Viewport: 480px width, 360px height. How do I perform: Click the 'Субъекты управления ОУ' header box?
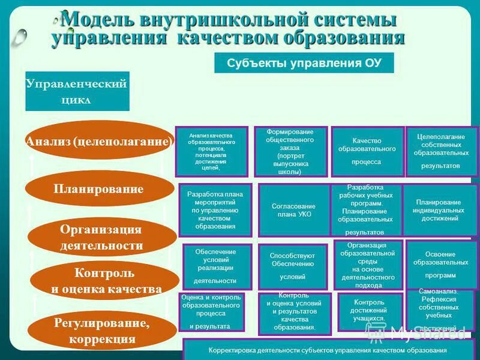(x=304, y=63)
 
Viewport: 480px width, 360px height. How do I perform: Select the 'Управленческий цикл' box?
(x=77, y=91)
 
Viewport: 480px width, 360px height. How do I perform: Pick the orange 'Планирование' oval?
(x=98, y=190)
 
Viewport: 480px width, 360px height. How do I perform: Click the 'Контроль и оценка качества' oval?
(x=106, y=281)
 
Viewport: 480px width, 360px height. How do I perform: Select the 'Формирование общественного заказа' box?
(x=290, y=152)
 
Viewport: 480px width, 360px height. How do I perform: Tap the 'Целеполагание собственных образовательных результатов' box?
(x=442, y=151)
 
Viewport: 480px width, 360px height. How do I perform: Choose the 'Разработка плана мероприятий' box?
(x=215, y=209)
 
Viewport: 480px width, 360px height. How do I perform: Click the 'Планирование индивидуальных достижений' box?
(x=440, y=210)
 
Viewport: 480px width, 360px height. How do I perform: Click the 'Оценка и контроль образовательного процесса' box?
(x=211, y=311)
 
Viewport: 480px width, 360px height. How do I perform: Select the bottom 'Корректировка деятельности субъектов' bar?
(x=328, y=350)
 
